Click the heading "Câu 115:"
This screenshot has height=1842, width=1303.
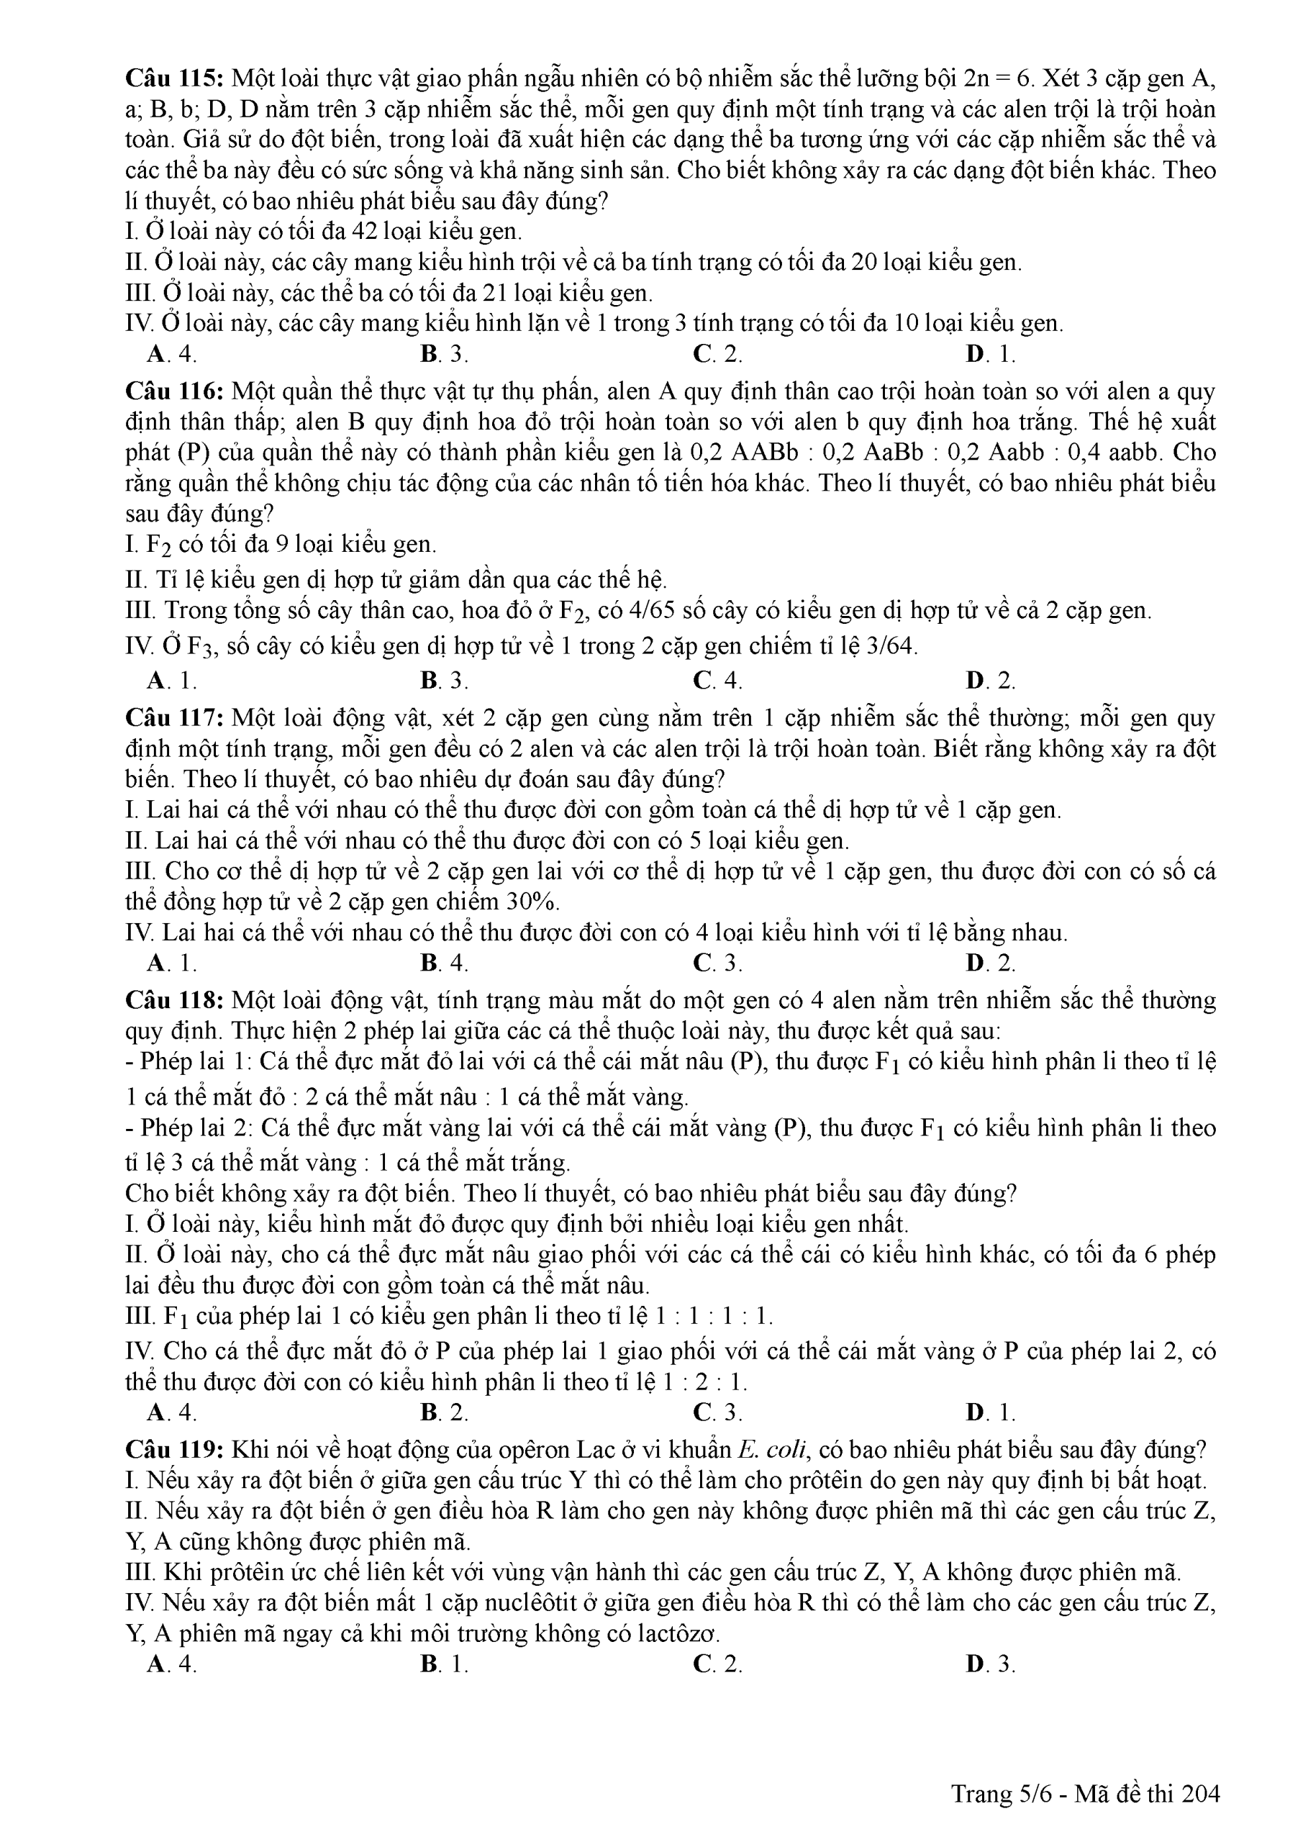pos(175,78)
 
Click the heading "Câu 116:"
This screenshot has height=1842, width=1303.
pos(175,391)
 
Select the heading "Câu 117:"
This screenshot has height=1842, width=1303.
pos(175,718)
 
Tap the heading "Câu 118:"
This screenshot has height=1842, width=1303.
pos(175,1000)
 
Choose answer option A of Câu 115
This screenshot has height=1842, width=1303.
pos(173,354)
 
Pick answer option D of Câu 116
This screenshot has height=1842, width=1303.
pos(991,681)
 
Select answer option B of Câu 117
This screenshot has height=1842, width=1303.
pos(444,963)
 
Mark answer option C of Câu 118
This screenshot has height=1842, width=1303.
pos(717,1412)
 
